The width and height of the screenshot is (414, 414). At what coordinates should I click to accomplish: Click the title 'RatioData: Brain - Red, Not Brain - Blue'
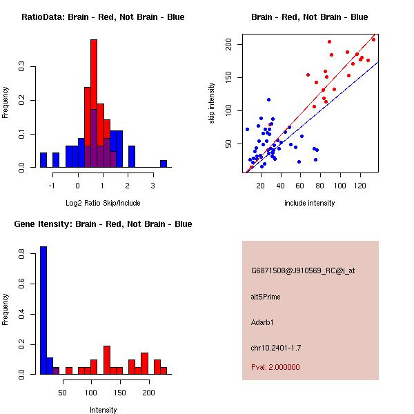103,17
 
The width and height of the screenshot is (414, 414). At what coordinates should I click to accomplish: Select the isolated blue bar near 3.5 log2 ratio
164,164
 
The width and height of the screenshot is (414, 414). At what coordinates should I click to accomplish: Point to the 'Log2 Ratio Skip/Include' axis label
103,203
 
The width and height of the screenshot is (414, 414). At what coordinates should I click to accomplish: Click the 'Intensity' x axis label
103,410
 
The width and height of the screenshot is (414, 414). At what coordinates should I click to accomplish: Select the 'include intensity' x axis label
309,203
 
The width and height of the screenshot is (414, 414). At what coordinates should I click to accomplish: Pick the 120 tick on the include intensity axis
360,185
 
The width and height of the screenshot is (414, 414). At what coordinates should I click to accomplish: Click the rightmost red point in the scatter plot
373,39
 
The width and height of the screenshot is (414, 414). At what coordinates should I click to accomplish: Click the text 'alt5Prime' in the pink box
266,297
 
